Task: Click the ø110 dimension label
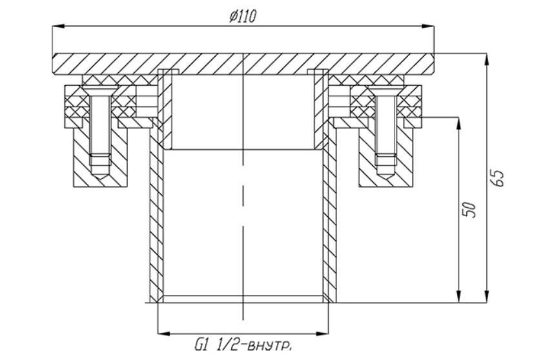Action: tap(242, 16)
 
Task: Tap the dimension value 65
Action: tap(497, 178)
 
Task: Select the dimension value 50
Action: tap(469, 210)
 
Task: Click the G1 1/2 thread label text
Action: tap(243, 344)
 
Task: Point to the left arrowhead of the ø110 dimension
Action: tap(59, 26)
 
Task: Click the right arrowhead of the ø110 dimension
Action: tap(427, 26)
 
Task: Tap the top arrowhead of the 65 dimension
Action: tap(487, 59)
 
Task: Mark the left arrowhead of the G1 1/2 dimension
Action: tap(163, 333)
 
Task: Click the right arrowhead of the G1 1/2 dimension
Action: tap(322, 333)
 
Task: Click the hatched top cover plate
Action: tap(243, 65)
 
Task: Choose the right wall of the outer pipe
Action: tap(329, 212)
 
